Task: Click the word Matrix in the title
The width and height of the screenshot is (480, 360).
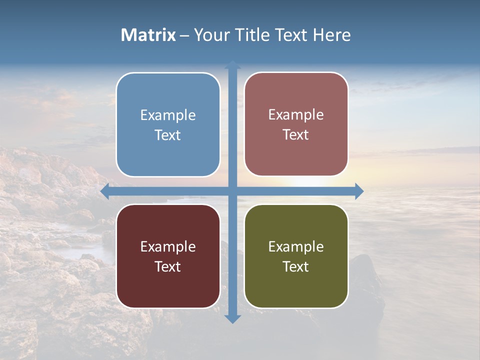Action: [x=148, y=35]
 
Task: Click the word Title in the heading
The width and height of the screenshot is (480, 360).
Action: [x=252, y=35]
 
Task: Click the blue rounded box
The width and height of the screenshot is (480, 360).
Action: [x=168, y=124]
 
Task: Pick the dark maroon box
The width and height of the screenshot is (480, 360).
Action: [x=168, y=256]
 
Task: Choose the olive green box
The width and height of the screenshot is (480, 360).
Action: [x=296, y=256]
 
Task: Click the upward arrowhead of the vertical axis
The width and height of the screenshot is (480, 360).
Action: [x=232, y=65]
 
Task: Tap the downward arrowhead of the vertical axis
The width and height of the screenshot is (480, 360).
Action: [x=232, y=318]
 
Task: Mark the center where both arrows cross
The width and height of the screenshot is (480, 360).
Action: [x=232, y=191]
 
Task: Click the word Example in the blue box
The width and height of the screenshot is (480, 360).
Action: [x=168, y=115]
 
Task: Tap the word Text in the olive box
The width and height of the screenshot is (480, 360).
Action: [x=296, y=266]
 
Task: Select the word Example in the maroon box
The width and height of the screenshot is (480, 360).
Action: [x=168, y=246]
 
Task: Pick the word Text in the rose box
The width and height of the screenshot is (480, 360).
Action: [x=296, y=134]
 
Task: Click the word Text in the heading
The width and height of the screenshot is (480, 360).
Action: [x=290, y=35]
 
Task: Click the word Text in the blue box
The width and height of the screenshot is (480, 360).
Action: [x=168, y=135]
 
